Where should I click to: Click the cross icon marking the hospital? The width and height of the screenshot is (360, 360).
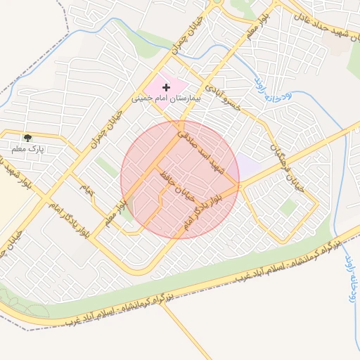(166, 87)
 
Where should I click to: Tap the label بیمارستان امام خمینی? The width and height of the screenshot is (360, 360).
(166, 98)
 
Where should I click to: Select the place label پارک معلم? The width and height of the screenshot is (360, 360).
(27, 149)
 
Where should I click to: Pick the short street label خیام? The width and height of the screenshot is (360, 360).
(86, 188)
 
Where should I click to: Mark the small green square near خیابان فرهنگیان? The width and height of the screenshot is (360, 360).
(287, 207)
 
